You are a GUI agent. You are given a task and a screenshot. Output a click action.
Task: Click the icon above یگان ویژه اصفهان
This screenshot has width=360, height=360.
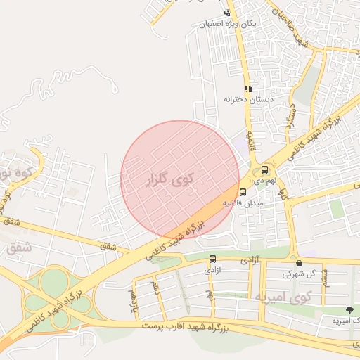[x=226, y=13]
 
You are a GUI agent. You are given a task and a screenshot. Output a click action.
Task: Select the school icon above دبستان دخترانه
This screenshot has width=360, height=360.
[x=247, y=89]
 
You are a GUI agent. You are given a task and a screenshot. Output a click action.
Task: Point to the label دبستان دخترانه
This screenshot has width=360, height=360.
[x=247, y=99]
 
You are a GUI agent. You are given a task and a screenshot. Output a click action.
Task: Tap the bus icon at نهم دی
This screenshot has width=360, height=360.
[x=264, y=169]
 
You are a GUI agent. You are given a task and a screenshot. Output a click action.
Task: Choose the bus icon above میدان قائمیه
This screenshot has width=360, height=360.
[x=243, y=192]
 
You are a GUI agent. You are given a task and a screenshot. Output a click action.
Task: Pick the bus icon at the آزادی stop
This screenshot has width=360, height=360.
[x=212, y=259]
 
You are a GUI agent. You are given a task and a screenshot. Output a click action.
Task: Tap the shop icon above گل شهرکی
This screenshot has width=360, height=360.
[x=298, y=263]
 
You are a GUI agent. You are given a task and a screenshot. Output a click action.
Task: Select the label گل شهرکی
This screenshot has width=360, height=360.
[x=298, y=274]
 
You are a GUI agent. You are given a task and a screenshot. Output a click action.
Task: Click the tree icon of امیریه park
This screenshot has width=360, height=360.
[x=349, y=310]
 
